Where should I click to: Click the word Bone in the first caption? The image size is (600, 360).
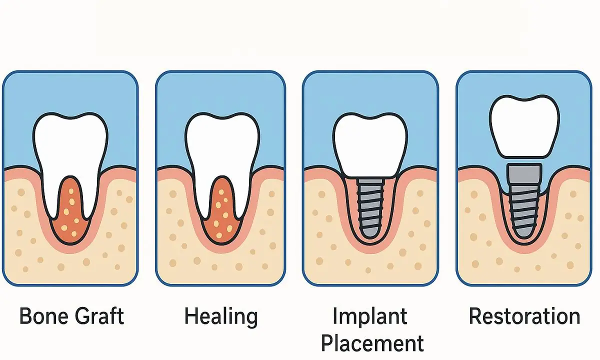(43, 316)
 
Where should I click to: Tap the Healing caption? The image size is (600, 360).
(220, 316)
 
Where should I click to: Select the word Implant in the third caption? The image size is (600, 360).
(369, 316)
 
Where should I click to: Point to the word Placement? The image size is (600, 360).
(372, 343)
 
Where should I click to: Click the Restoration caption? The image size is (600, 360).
(524, 316)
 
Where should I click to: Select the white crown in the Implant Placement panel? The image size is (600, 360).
(369, 142)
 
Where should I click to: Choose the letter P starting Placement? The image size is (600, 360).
(327, 343)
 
